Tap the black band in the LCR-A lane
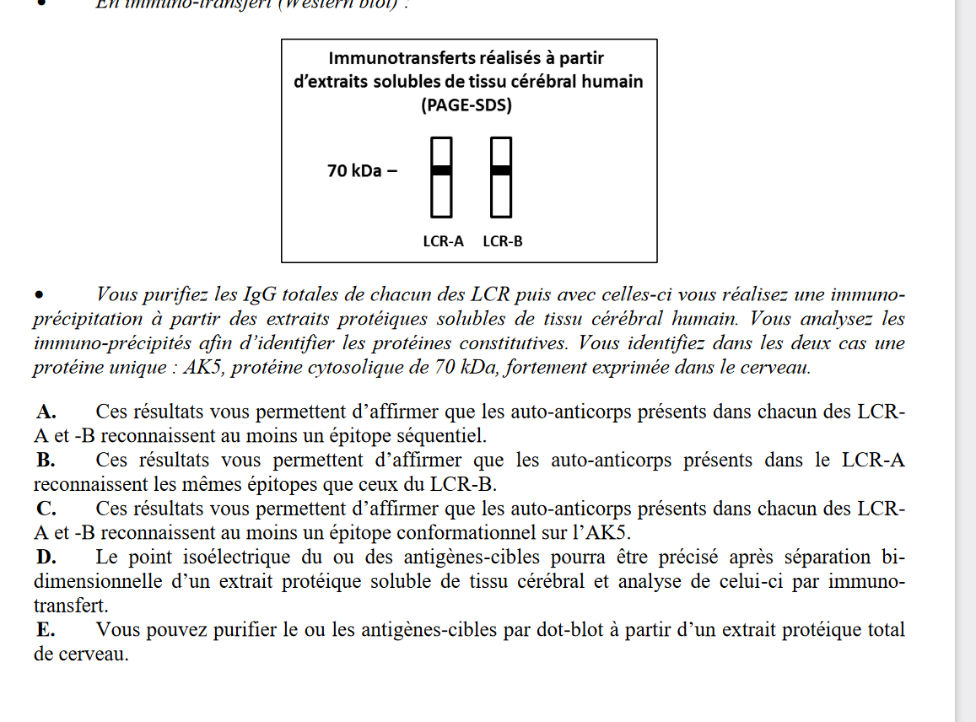pos(442,170)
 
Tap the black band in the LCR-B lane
pos(501,170)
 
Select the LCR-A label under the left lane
pos(443,241)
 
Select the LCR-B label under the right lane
pos(503,241)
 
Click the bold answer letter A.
pos(46,412)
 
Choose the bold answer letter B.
pos(46,461)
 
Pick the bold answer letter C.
pos(46,509)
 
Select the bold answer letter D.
pos(46,558)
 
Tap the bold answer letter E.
pos(46,630)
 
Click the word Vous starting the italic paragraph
pos(117,295)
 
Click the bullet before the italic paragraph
pos(39,296)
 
